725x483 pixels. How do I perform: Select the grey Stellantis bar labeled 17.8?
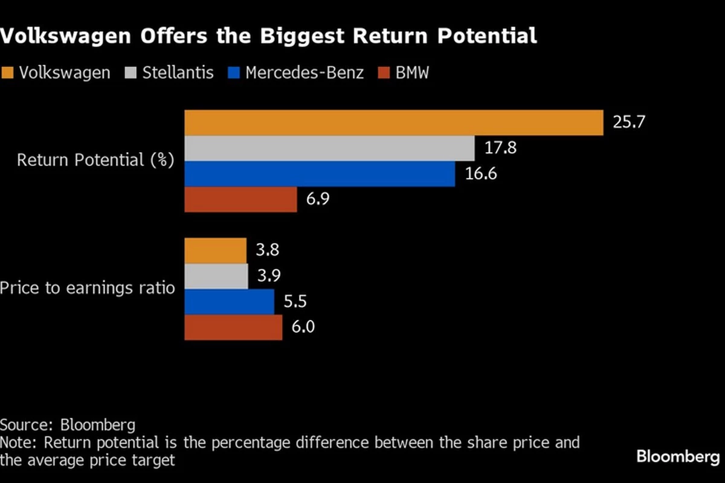point(329,149)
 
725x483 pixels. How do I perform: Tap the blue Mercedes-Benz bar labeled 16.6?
point(320,174)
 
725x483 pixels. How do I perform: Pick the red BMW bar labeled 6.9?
point(240,199)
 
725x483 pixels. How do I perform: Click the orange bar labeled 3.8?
point(215,251)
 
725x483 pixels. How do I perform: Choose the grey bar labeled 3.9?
point(216,276)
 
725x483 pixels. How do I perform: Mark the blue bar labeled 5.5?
point(229,302)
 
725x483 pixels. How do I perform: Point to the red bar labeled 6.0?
point(233,327)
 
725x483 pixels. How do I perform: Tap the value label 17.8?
point(500,148)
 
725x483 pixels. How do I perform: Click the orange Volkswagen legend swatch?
point(7,73)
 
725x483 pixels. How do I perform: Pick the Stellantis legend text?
point(178,73)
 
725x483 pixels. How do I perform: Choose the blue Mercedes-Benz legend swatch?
point(234,73)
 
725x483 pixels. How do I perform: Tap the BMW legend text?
point(412,73)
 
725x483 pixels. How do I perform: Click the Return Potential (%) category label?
point(95,161)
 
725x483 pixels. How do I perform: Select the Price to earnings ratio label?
point(88,288)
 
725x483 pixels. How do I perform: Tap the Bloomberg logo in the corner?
point(678,457)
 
